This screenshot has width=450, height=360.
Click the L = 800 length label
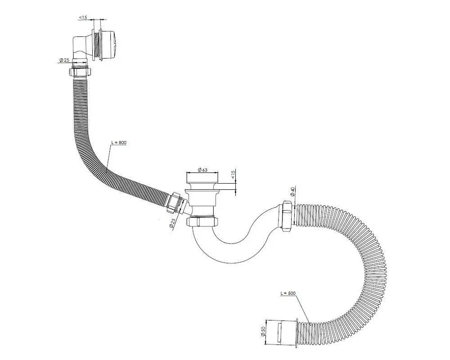point(119,142)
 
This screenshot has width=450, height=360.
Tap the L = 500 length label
point(288,293)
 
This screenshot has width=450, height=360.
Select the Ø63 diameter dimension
point(203,170)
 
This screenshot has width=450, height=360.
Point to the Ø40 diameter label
point(292,192)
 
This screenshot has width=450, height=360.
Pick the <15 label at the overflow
point(83,18)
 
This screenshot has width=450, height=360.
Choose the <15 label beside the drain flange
point(233,174)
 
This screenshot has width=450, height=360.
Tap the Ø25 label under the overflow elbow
point(64,60)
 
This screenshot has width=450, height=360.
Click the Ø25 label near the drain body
point(172,223)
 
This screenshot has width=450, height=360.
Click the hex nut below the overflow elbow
point(80,72)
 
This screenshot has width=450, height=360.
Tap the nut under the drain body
point(202,221)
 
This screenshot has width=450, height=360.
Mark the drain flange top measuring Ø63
point(203,178)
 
